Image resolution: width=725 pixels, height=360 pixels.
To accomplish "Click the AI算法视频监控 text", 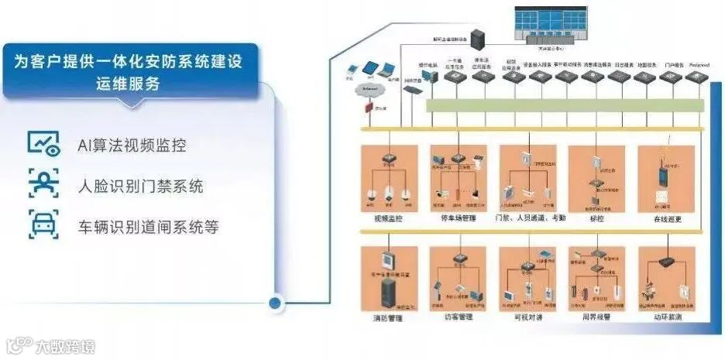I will pyautogui.click(x=132, y=145).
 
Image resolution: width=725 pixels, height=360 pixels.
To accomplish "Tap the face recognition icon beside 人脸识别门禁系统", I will pyautogui.click(x=43, y=185).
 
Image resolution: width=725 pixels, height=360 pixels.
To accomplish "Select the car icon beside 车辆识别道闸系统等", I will pyautogui.click(x=43, y=225).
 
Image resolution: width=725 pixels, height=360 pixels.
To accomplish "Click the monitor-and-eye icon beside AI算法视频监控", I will pyautogui.click(x=43, y=144).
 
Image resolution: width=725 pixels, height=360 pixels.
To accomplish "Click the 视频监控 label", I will pyautogui.click(x=388, y=219).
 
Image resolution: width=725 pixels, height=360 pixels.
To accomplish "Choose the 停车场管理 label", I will pyautogui.click(x=458, y=219).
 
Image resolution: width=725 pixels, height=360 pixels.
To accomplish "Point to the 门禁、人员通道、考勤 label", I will pyautogui.click(x=531, y=219).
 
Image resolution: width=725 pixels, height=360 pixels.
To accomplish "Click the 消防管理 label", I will pyautogui.click(x=388, y=318).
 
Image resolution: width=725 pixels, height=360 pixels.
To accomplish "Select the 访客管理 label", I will pyautogui.click(x=458, y=318).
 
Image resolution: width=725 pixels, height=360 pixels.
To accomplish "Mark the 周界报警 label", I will pyautogui.click(x=596, y=318).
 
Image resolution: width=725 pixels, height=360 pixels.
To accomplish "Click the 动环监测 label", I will pyautogui.click(x=667, y=318).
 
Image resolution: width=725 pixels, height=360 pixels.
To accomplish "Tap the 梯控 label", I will pyautogui.click(x=596, y=219).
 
